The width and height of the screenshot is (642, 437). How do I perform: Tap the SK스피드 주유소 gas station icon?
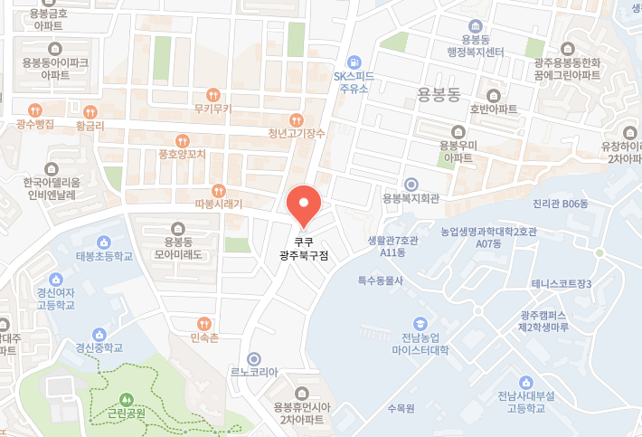tap(354, 61)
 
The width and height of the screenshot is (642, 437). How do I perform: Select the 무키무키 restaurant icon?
tap(213, 94)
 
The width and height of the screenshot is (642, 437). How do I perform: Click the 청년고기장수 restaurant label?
tap(297, 133)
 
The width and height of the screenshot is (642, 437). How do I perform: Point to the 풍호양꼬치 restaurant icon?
tap(183, 140)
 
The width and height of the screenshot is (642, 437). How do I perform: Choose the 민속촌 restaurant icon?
tap(205, 323)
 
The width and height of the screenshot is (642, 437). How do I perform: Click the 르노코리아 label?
tap(254, 372)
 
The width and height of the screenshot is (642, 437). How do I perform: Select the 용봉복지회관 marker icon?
tap(411, 183)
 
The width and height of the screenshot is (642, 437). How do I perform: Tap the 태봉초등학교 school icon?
tap(104, 242)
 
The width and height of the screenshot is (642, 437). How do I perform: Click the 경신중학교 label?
tap(99, 347)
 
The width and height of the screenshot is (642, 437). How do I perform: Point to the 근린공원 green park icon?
tap(125, 399)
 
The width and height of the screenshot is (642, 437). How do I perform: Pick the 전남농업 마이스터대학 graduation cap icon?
tap(420, 323)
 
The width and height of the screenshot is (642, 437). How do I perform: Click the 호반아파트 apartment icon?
tap(493, 95)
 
